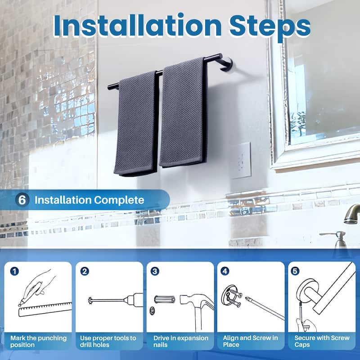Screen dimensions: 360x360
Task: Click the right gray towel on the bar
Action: tap(183, 112)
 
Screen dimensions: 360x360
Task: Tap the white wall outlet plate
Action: tap(241, 160)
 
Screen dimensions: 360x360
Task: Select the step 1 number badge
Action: tap(15, 271)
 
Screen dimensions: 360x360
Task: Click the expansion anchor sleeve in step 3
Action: tap(163, 299)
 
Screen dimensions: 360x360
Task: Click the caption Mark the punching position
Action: tap(38, 341)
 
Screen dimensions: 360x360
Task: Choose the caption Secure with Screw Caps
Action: tap(322, 341)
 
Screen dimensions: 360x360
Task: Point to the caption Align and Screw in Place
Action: tap(251, 341)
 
